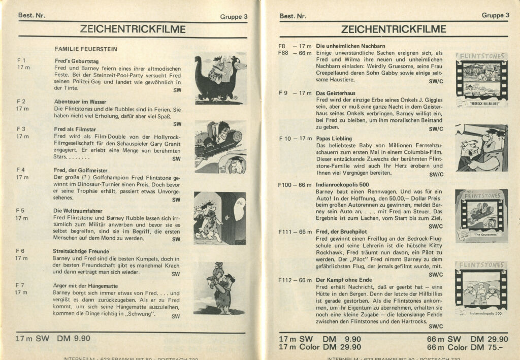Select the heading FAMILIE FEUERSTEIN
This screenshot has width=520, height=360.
(86, 49)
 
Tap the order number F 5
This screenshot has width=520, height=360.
(20, 210)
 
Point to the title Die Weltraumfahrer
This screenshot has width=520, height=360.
(78, 210)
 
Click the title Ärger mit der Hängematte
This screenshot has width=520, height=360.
(85, 285)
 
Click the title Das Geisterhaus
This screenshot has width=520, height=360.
(335, 93)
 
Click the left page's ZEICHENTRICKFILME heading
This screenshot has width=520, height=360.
(133, 29)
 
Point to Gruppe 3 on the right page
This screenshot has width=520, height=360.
(495, 16)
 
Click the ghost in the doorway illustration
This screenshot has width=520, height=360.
(239, 204)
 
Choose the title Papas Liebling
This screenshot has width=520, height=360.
(334, 138)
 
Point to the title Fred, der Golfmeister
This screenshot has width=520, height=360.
(80, 170)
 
